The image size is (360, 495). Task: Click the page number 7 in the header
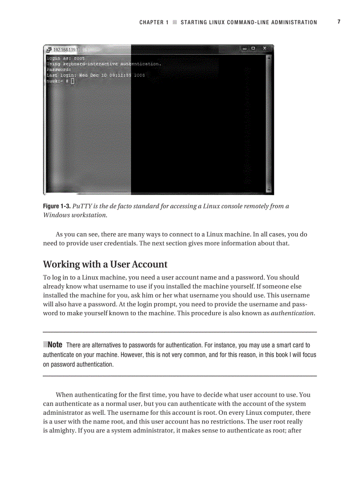point(339,22)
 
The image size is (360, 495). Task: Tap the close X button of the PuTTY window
point(264,48)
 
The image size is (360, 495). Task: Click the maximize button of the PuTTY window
point(253,48)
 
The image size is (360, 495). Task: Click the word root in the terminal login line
point(79,58)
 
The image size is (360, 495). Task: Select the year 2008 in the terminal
point(139,75)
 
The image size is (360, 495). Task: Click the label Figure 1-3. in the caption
point(56,206)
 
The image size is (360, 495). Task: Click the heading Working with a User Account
point(105,264)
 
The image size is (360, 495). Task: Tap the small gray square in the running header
point(175,22)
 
